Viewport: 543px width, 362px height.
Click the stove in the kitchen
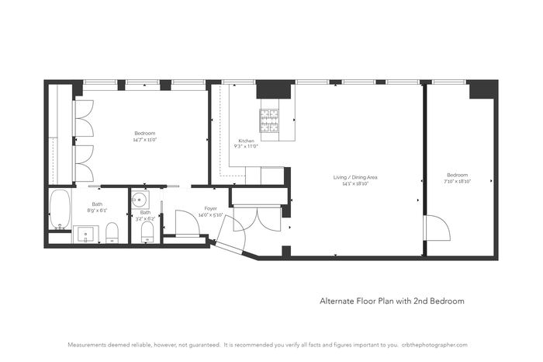pos(270,119)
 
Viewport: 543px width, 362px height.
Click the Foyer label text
pos(210,208)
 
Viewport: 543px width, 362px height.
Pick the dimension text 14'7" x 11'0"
pos(144,139)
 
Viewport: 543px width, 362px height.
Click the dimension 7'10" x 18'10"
pos(457,179)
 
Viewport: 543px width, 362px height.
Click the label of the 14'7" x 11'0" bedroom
pos(144,134)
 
